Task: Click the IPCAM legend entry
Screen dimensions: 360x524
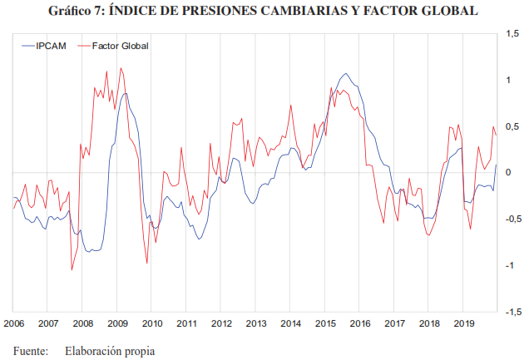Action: point(50,46)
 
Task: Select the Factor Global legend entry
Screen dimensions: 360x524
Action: point(120,46)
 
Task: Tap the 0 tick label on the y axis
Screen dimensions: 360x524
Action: point(507,173)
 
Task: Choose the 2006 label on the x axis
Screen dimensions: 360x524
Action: point(13,323)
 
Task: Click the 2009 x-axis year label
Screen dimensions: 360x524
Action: point(116,323)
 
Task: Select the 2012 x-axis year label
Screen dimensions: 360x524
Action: point(220,323)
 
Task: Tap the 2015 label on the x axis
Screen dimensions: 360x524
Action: point(324,323)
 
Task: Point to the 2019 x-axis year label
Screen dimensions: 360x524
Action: point(462,323)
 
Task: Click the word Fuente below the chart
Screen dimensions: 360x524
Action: point(31,351)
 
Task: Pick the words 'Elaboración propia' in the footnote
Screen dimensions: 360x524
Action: point(110,351)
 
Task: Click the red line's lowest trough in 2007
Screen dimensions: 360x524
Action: point(72,269)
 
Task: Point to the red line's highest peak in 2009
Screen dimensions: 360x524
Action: point(121,68)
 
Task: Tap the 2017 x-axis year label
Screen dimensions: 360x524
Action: point(393,323)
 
